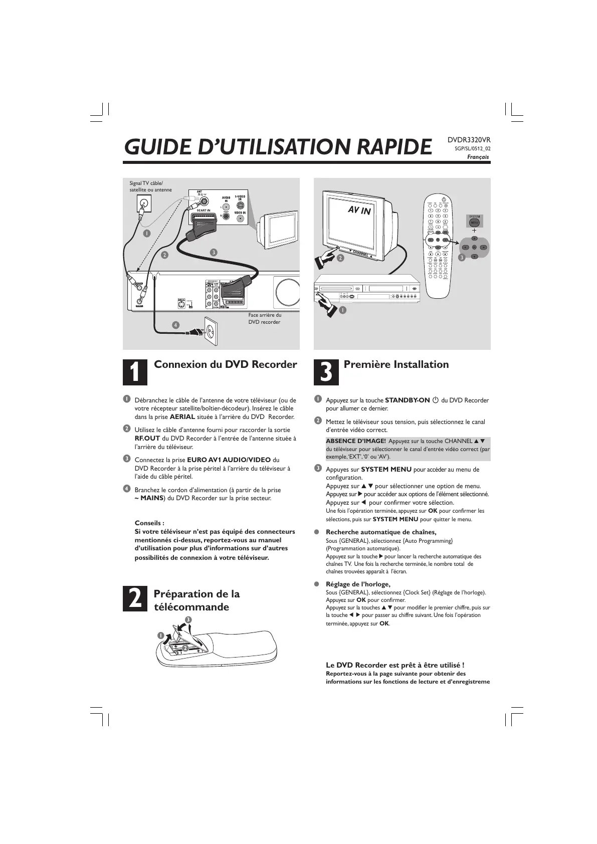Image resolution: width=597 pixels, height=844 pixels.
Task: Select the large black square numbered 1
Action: coord(135,371)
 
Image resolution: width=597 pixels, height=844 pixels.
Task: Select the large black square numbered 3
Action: coord(325,371)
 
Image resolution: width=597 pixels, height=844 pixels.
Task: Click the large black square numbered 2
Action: coord(135,599)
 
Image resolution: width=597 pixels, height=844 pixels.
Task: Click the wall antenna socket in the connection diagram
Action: coord(144,203)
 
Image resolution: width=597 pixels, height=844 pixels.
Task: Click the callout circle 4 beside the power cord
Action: coord(175,325)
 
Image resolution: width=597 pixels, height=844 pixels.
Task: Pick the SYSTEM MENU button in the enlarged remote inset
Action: coord(474,222)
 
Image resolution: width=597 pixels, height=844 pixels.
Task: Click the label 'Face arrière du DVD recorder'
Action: coord(265,318)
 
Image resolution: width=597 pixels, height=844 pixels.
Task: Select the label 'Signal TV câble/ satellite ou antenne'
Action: coord(150,186)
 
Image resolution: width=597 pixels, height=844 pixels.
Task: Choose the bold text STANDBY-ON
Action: coord(407,400)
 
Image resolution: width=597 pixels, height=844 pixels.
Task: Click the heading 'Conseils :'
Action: coord(149,523)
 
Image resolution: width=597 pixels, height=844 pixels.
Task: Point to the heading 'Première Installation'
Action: coord(396,364)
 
